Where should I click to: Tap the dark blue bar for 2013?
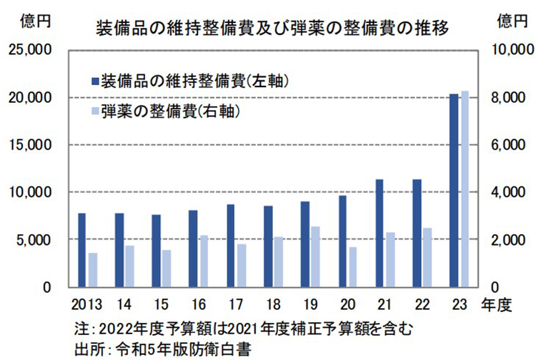[81, 250]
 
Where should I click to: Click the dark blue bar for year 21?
[379, 233]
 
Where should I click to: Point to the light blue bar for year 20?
[353, 266]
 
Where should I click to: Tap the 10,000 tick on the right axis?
[508, 50]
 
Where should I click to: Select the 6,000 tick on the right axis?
[505, 145]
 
